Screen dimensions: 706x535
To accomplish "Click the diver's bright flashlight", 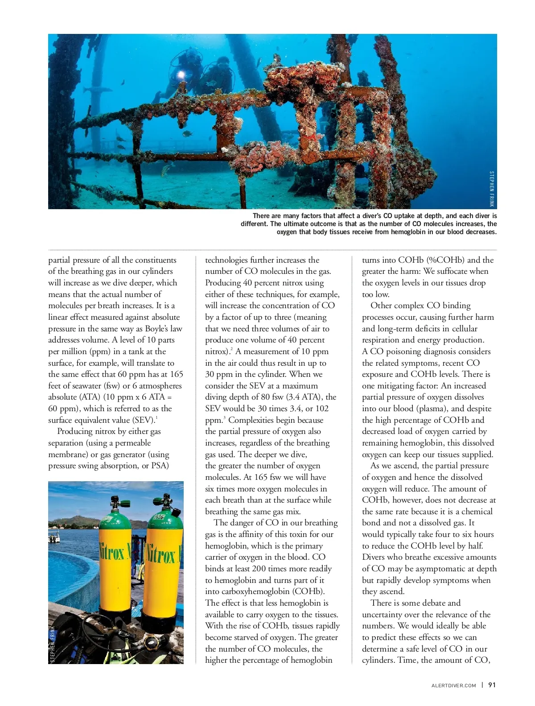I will point(181,74).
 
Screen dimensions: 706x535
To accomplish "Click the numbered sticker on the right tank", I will point(159,516).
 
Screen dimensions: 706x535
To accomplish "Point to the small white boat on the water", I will point(53,537).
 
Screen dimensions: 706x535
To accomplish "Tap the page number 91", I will point(492,685).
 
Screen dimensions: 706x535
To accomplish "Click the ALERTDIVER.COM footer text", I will point(454,685).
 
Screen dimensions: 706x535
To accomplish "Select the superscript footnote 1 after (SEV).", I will point(156,417).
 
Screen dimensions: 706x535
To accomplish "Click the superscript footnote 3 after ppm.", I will point(224,417).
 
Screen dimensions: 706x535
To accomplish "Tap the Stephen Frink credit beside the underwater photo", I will point(492,189).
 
